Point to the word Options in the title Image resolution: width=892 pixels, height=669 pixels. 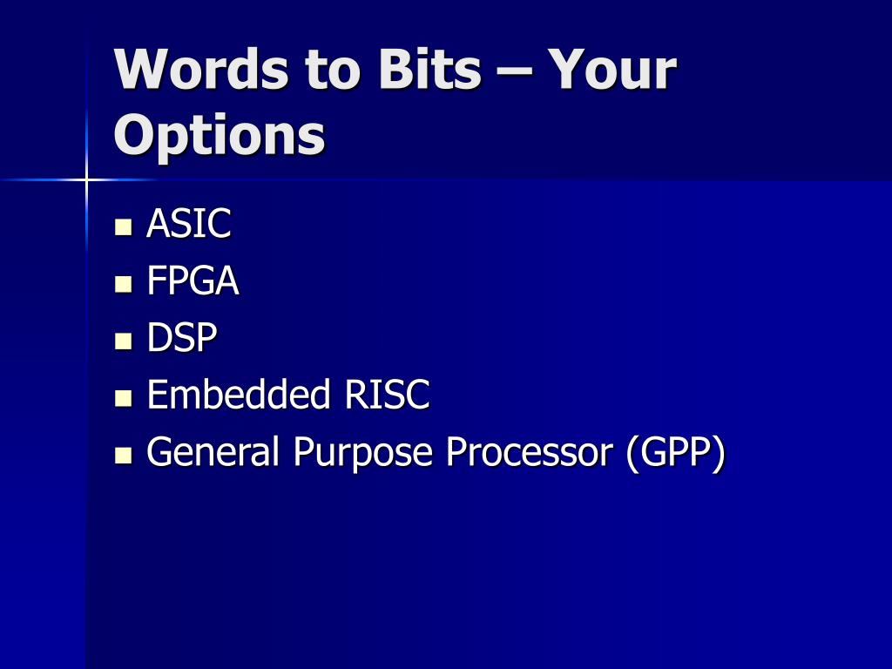click(220, 135)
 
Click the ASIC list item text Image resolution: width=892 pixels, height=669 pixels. click(189, 223)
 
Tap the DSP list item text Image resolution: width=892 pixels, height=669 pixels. click(182, 337)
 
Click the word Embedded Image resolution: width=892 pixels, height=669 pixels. click(239, 394)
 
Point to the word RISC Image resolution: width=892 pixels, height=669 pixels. click(387, 394)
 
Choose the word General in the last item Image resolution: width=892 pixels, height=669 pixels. click(213, 451)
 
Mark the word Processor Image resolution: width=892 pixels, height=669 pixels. click(529, 452)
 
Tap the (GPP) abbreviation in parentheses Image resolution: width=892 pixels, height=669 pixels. click(676, 454)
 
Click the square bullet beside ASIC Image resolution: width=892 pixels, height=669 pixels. click(124, 227)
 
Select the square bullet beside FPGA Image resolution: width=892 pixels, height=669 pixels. click(124, 284)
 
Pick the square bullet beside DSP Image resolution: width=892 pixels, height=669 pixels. click(124, 341)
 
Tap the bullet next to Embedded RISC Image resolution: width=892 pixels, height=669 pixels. click(124, 398)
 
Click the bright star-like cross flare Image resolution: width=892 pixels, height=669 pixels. click(86, 179)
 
